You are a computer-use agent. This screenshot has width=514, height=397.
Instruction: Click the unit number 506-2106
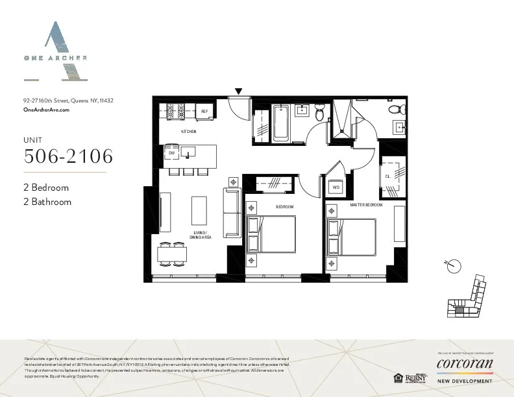[68, 156]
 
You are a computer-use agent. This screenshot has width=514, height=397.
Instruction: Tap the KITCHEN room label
[189, 132]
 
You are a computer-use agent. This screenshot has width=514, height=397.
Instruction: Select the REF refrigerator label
[204, 112]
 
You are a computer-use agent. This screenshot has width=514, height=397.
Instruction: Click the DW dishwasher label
[172, 154]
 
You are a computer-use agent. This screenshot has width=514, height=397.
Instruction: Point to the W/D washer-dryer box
[336, 187]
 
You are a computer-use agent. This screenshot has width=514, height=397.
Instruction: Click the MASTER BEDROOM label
[366, 205]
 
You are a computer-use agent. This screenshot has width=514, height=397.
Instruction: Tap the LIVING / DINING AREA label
[201, 235]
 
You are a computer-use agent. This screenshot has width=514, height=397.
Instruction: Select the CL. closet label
[387, 176]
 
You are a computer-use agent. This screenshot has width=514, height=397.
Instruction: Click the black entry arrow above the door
[239, 92]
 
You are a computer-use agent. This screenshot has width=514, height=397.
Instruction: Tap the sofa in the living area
[232, 213]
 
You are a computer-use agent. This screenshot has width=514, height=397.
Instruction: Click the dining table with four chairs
[173, 254]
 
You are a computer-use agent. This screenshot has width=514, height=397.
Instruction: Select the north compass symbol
[454, 265]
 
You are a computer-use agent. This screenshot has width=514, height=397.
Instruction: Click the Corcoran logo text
[464, 363]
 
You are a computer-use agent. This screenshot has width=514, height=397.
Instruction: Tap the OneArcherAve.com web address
[46, 110]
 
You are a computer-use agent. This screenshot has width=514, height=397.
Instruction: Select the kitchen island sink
[190, 152]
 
